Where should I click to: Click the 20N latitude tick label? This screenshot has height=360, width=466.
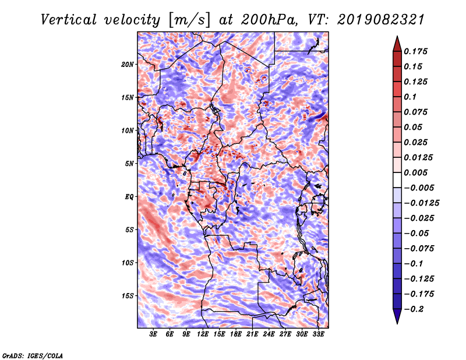[x=128, y=64]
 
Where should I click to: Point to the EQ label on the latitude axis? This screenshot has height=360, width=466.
[x=129, y=197]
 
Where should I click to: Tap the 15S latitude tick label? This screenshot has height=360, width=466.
[x=128, y=296]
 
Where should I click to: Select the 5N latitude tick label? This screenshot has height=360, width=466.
[x=129, y=164]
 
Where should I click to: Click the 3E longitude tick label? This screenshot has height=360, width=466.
[x=154, y=335]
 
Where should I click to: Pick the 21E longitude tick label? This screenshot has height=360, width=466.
[x=252, y=335]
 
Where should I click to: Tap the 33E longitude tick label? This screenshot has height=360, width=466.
[x=318, y=335]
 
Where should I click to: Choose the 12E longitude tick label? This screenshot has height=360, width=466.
[x=203, y=335]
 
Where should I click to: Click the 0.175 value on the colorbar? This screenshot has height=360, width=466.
[x=418, y=51]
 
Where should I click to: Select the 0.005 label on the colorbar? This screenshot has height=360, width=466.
[x=418, y=172]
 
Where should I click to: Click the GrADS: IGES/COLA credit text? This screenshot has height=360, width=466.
[x=33, y=355]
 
